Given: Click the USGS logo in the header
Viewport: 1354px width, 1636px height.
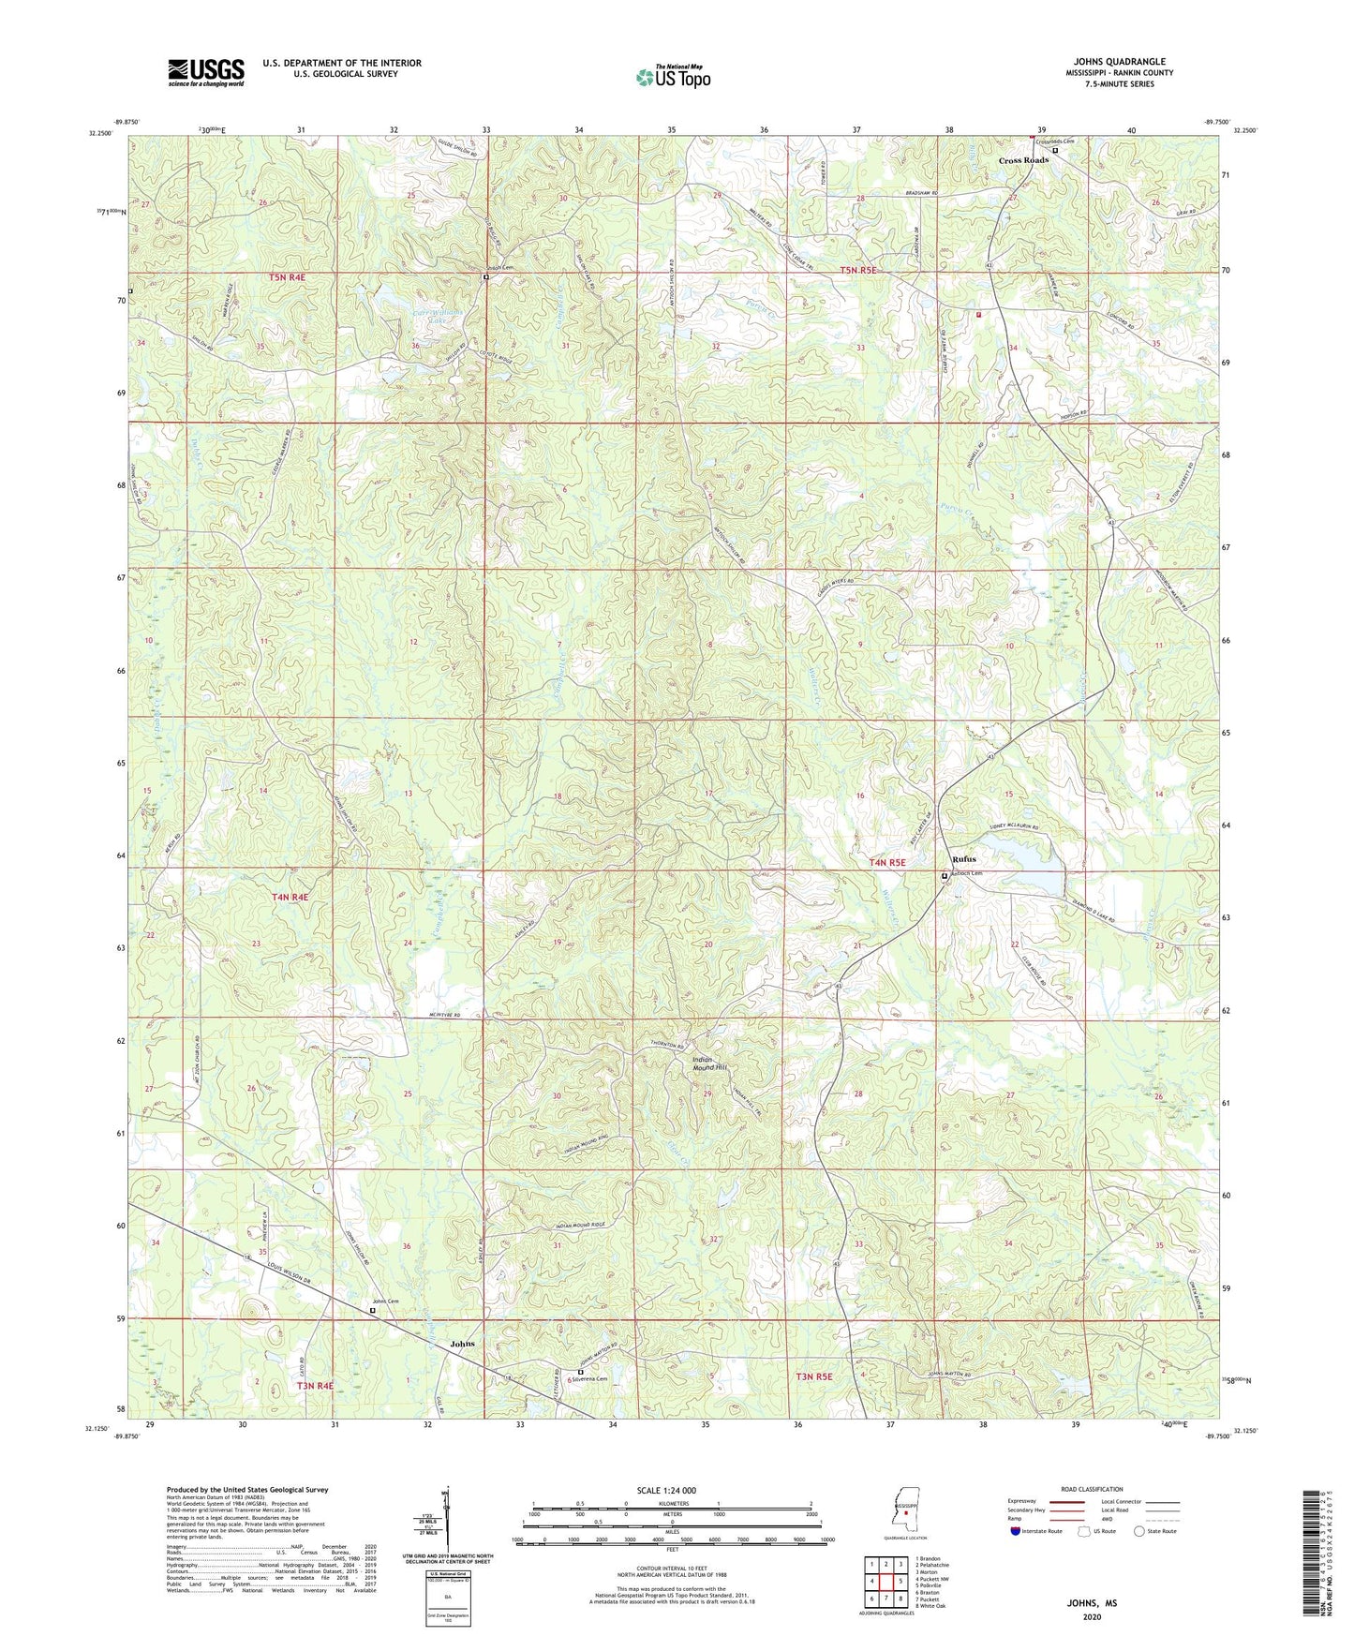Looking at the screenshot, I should (206, 72).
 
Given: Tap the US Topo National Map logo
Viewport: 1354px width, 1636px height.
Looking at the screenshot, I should (673, 76).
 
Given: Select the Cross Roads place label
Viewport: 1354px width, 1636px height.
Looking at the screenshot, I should (1023, 160).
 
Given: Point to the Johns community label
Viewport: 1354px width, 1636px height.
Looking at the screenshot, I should (462, 1344).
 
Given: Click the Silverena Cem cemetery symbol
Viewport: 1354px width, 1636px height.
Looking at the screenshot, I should (580, 1373).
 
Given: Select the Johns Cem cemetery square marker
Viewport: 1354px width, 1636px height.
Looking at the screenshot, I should (372, 1311).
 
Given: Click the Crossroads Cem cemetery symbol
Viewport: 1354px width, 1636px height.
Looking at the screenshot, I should (1055, 150).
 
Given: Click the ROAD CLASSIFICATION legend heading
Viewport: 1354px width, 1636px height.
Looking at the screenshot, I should (1092, 1489).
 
